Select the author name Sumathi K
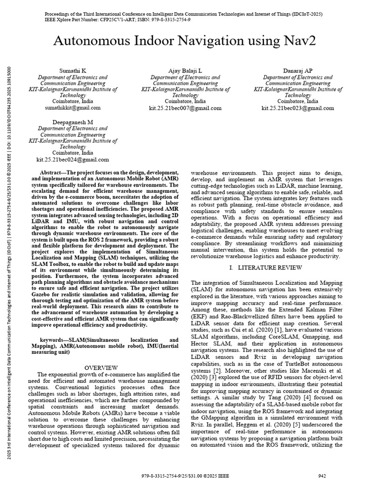[x=73, y=71]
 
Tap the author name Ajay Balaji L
[x=185, y=71]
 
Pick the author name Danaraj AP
[x=298, y=71]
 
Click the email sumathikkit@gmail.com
[x=73, y=108]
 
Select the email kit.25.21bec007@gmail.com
[x=185, y=108]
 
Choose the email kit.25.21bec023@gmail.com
[x=298, y=108]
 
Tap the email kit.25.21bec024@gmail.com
[x=73, y=159]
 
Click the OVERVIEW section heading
[x=104, y=368]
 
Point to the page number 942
[x=323, y=476]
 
